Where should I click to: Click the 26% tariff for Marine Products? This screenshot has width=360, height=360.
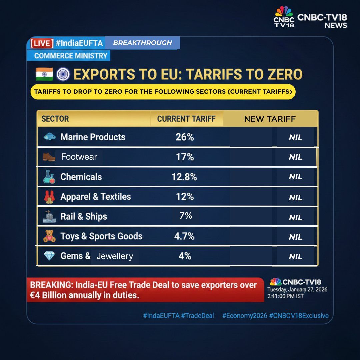[185, 137]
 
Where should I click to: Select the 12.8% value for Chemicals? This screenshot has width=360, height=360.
[184, 177]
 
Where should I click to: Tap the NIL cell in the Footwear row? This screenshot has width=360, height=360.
[295, 157]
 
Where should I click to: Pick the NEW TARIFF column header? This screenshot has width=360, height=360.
[270, 119]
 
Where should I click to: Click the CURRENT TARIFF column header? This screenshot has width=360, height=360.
[186, 119]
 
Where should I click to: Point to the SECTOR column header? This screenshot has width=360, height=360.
[55, 119]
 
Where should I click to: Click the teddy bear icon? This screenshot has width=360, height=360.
[49, 236]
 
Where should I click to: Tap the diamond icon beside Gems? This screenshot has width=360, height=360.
[49, 256]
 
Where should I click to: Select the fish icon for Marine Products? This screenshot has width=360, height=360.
[49, 137]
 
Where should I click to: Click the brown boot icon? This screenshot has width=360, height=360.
[49, 157]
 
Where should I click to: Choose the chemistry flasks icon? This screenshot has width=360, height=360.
[49, 177]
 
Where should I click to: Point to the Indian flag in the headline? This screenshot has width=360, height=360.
[44, 74]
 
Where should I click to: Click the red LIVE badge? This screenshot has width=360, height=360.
[42, 43]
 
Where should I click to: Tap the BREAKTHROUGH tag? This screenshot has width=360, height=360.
[142, 43]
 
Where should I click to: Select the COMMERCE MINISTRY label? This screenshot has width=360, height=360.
[71, 56]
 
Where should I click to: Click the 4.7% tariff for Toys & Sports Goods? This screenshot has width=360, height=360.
[184, 236]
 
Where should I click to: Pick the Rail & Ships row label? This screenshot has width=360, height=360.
[84, 217]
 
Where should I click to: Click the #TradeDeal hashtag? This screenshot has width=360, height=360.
[198, 315]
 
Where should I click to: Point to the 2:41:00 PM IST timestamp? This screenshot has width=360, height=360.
[285, 296]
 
